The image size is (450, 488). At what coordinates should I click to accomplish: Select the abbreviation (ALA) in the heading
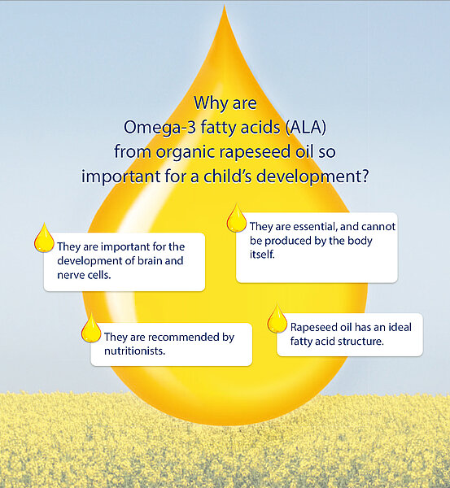pos(306,127)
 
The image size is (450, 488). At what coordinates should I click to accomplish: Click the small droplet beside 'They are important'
pos(44,237)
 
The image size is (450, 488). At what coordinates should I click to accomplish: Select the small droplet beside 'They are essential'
pos(236,218)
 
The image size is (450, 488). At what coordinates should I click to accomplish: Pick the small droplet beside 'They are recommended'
pos(91,328)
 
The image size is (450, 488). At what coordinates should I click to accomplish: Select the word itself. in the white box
pos(262,255)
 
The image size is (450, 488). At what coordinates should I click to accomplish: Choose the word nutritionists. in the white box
pos(134,351)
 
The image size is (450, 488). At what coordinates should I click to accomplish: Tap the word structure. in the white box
pos(360,342)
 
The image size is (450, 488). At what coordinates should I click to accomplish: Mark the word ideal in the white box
pos(400,327)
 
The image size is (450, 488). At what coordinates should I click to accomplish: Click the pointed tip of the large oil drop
pos(225,5)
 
